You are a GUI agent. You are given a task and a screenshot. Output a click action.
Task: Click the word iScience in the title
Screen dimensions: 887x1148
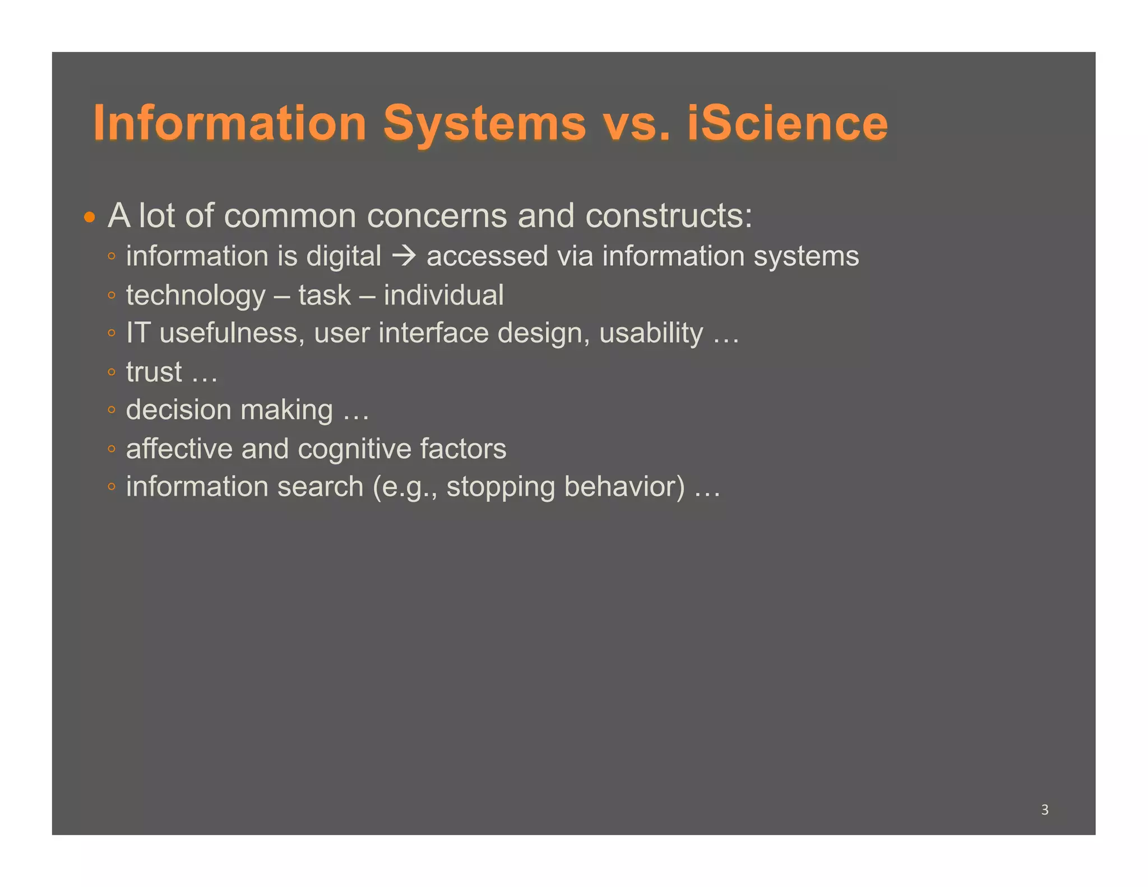pos(788,123)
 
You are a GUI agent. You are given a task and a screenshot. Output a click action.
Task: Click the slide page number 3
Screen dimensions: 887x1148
pos(1044,810)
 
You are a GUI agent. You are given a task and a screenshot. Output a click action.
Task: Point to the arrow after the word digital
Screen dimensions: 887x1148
pos(404,256)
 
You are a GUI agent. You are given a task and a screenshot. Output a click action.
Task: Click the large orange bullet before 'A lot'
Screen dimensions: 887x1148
pos(90,217)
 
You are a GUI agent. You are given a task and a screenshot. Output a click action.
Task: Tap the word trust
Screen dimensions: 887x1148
pos(154,372)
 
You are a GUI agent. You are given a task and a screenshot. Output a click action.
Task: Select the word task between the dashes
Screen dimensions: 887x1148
pos(325,295)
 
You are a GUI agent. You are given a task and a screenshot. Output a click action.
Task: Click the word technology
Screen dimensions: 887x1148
pos(196,296)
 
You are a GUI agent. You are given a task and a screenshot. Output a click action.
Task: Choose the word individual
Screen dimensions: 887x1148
pos(443,295)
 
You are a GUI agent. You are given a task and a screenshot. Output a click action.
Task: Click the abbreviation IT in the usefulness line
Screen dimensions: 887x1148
pos(138,333)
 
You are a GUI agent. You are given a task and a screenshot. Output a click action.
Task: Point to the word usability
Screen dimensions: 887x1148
pos(651,334)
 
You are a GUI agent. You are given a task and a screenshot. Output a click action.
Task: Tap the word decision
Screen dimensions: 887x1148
pos(178,410)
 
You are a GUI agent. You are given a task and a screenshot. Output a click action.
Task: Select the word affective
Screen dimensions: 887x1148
pos(179,449)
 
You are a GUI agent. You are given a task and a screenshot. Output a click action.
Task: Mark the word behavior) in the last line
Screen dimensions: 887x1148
pos(624,487)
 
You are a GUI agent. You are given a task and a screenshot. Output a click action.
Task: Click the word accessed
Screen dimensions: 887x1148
pos(487,257)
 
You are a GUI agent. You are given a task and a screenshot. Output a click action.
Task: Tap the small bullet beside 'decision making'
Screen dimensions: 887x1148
pos(112,410)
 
